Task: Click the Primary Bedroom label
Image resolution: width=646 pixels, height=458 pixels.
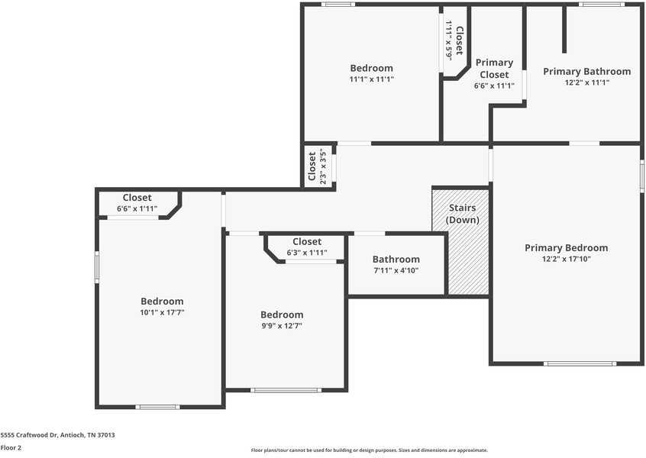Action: pyautogui.click(x=566, y=247)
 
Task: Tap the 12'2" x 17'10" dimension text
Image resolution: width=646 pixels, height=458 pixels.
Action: pyautogui.click(x=566, y=259)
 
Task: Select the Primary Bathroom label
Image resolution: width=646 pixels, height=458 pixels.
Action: pyautogui.click(x=586, y=71)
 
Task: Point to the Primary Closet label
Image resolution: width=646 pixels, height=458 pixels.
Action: pyautogui.click(x=493, y=69)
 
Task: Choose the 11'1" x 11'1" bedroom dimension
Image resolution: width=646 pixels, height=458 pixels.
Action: pyautogui.click(x=371, y=79)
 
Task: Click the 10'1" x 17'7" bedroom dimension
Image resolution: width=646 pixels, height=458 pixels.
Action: pyautogui.click(x=162, y=312)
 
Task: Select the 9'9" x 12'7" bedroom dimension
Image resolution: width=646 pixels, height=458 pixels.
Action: pyautogui.click(x=282, y=326)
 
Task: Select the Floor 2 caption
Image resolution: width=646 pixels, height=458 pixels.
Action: pyautogui.click(x=11, y=447)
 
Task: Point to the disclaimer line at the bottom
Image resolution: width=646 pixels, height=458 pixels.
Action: pyautogui.click(x=369, y=450)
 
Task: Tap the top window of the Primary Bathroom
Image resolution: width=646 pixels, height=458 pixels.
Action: pyautogui.click(x=601, y=5)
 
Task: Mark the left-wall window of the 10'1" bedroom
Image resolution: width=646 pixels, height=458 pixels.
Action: pyautogui.click(x=97, y=268)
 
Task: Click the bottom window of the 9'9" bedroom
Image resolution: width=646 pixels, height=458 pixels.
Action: pyautogui.click(x=286, y=390)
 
